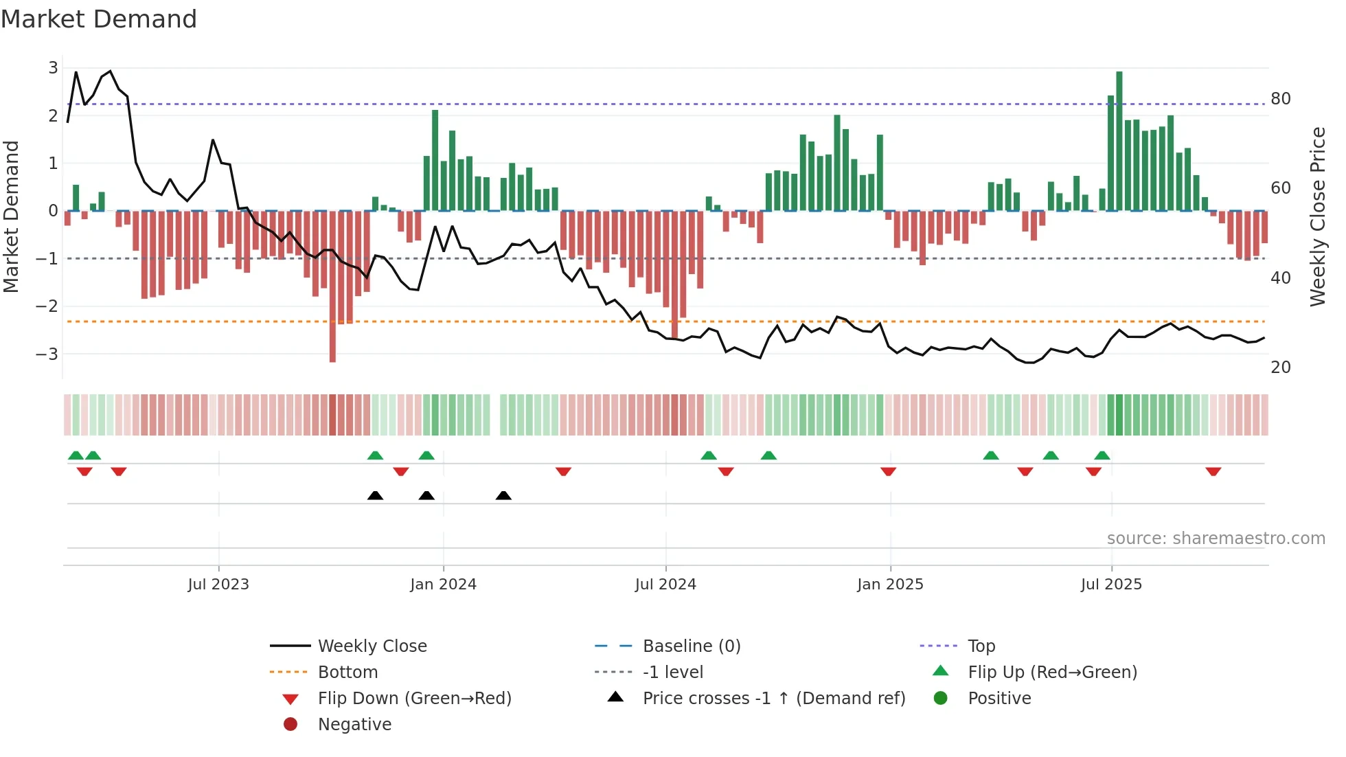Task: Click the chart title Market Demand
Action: (99, 19)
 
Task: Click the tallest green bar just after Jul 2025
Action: (1119, 141)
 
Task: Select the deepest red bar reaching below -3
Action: (332, 286)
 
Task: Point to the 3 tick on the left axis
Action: (54, 68)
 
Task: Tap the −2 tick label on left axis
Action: (48, 306)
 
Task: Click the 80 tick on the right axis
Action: (1281, 99)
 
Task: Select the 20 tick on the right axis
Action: (1281, 368)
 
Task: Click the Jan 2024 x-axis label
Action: (443, 585)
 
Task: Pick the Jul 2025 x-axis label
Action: (1111, 585)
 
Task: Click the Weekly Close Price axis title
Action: (1317, 216)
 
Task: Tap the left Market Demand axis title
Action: (11, 216)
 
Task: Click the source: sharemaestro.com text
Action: (1216, 539)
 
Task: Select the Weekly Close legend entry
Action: (372, 646)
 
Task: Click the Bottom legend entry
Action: (347, 673)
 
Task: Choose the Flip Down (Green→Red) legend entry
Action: (414, 699)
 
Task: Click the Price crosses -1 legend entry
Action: (773, 699)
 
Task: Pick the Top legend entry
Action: (981, 646)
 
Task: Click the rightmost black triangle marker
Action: (503, 495)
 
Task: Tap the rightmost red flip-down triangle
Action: (1213, 471)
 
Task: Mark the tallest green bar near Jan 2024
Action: (435, 160)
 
